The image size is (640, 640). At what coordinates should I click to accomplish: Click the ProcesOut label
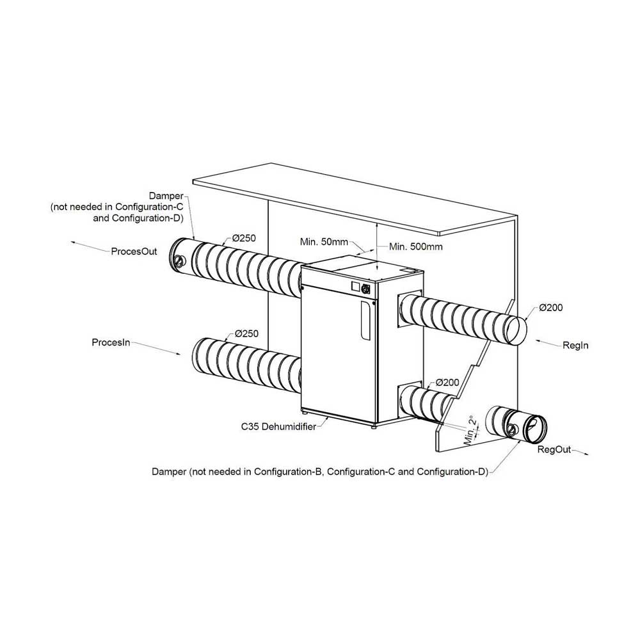point(134,252)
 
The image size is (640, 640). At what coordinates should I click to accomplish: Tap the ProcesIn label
point(111,342)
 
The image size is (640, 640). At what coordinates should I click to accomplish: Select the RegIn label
point(575,346)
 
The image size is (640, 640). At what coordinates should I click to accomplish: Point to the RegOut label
point(554,449)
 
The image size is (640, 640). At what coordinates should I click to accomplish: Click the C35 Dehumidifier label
point(278,427)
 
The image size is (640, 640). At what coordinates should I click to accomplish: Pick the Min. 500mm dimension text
point(415,246)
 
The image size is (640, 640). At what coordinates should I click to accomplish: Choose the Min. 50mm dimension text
point(324,242)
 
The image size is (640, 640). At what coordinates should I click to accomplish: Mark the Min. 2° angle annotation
point(471,431)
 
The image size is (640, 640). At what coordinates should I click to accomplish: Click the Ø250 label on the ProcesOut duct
point(244,238)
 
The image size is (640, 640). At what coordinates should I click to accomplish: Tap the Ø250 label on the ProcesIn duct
point(246,333)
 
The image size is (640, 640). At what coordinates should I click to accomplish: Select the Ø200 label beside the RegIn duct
point(550,308)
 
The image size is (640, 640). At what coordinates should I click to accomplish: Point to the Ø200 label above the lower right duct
point(447,383)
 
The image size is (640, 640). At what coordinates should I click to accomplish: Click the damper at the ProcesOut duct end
point(180,255)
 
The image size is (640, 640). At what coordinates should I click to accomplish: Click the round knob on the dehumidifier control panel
point(365,289)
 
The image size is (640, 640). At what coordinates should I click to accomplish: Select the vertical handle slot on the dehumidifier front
point(365,321)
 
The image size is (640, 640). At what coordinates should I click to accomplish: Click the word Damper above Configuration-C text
point(166,196)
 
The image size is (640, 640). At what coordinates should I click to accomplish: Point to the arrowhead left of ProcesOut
point(74,243)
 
